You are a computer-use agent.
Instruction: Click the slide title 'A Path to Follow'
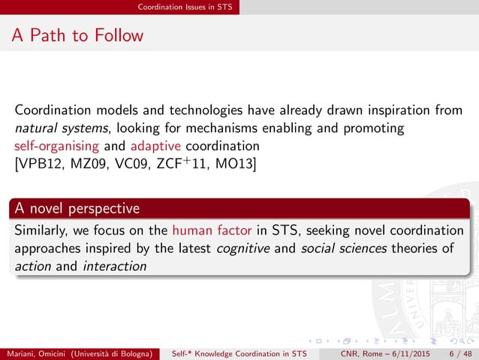tap(78, 35)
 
